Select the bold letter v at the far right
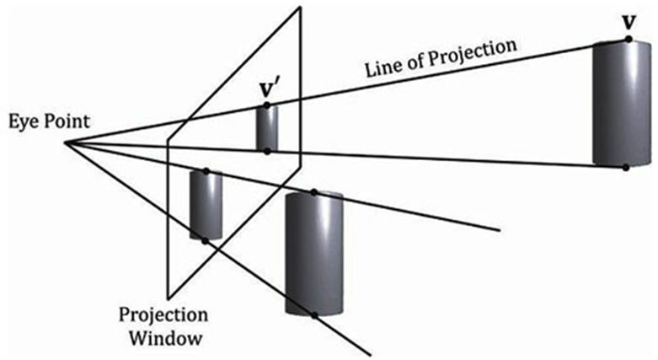pos(627,19)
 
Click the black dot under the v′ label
pos(267,105)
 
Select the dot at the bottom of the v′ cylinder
pos(267,151)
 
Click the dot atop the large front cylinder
pos(313,192)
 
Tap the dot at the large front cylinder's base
pos(313,315)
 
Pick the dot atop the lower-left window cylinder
pos(205,171)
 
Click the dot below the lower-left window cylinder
pos(205,241)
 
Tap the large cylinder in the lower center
pos(314,253)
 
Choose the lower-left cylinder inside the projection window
pos(206,205)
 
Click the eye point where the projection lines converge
pos(66,142)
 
